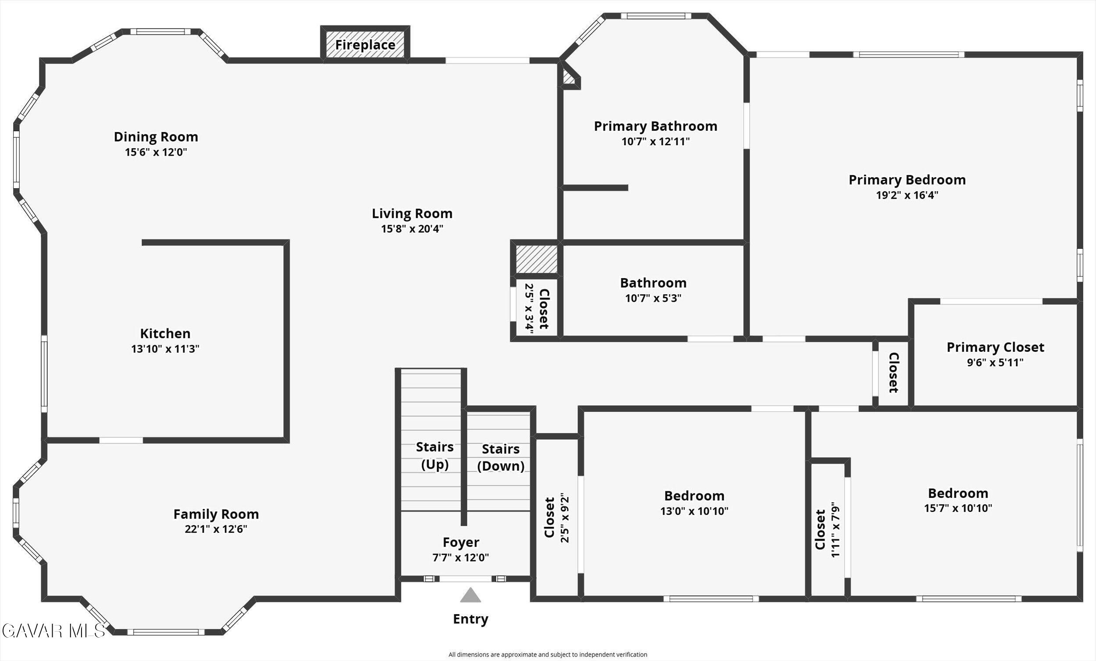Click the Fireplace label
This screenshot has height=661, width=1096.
(x=365, y=45)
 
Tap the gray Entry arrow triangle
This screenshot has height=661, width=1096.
(x=470, y=596)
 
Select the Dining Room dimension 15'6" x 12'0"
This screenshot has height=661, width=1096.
(x=156, y=152)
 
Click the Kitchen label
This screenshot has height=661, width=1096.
(x=165, y=333)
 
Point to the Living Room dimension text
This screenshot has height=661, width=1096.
(x=412, y=229)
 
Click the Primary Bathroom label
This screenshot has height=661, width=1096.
(x=655, y=126)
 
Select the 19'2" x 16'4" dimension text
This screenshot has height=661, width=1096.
(x=907, y=195)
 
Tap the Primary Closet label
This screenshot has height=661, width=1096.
(x=995, y=347)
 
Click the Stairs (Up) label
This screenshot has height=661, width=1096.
(x=434, y=455)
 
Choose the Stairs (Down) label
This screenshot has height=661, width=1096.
(x=500, y=457)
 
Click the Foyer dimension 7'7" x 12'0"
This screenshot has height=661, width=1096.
(x=460, y=557)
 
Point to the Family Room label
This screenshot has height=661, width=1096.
(x=216, y=514)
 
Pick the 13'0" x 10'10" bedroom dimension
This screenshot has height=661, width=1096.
(x=694, y=511)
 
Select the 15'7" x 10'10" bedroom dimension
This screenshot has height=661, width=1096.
(x=957, y=508)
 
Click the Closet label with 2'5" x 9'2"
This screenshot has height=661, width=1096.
(x=550, y=517)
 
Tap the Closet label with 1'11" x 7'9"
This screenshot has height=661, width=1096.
(x=820, y=529)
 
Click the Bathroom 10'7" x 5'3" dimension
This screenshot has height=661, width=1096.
(x=653, y=298)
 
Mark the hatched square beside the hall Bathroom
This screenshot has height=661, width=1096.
(x=537, y=259)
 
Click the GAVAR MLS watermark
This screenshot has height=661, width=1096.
(x=53, y=631)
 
